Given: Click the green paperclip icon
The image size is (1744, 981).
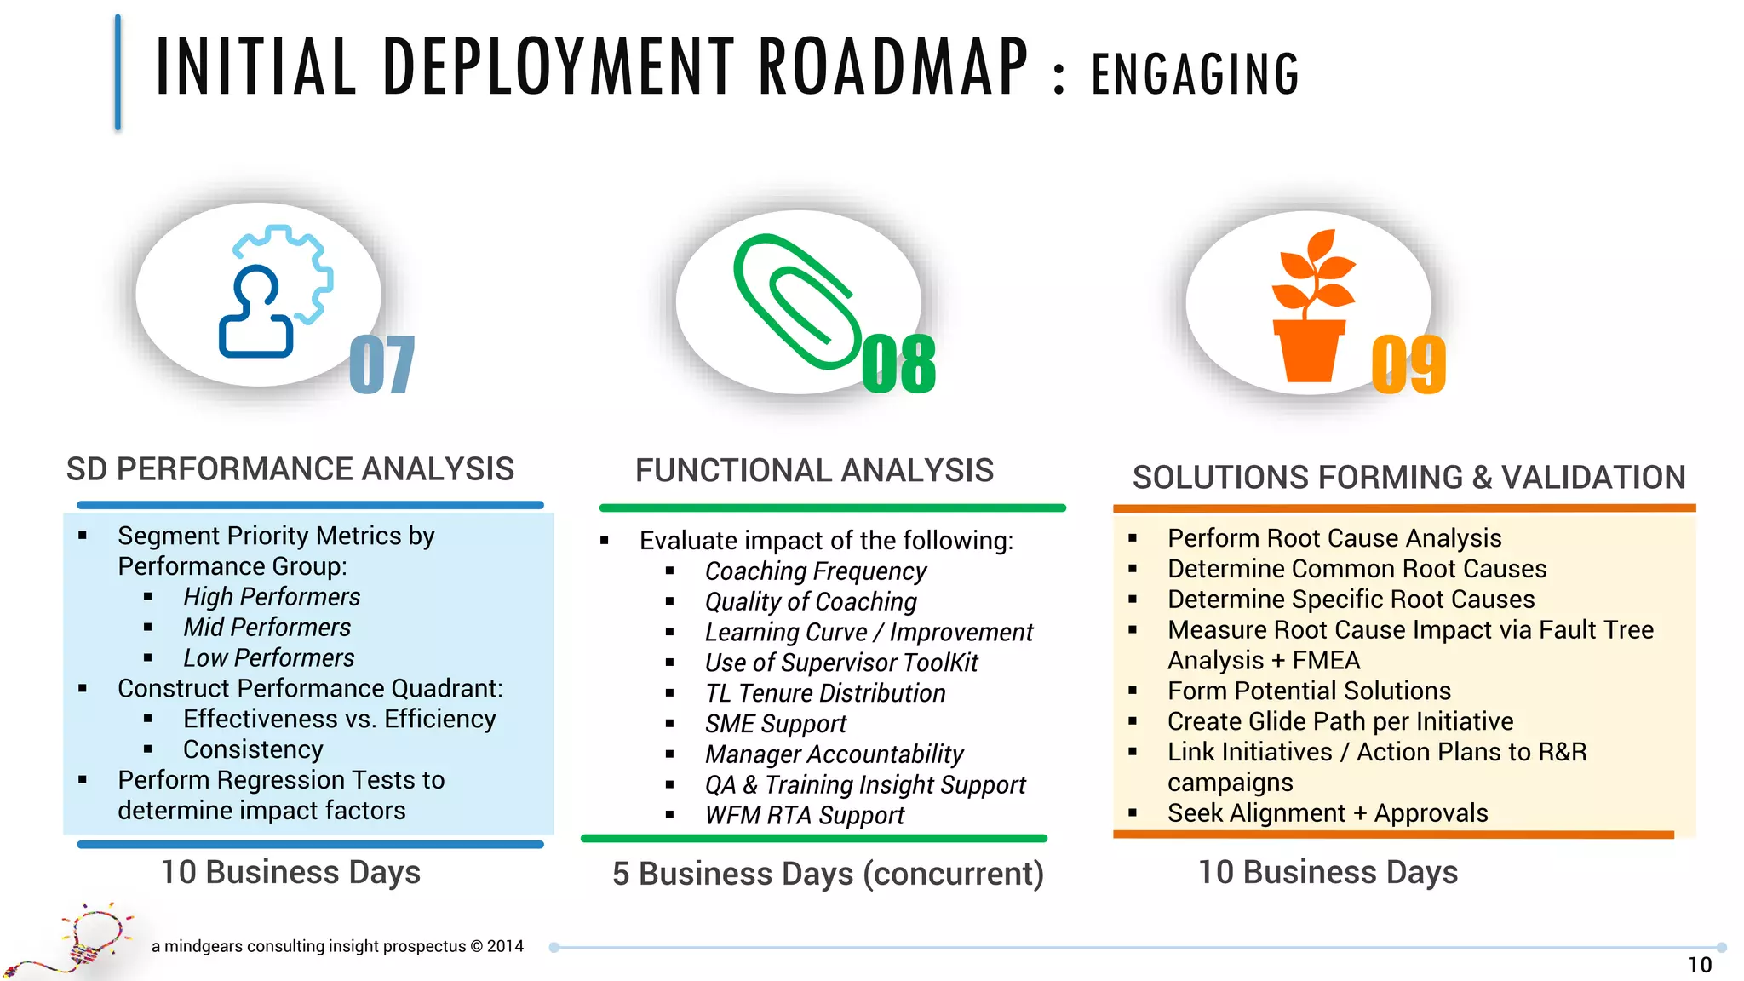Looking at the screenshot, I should click(795, 301).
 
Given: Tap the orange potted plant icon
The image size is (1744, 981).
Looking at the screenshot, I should click(1311, 307).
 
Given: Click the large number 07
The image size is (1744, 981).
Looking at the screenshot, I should click(382, 364).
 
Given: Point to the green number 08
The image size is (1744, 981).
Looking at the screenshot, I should click(898, 364).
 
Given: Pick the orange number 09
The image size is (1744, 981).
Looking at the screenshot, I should click(1408, 364).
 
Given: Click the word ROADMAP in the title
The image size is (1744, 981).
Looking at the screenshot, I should click(893, 67).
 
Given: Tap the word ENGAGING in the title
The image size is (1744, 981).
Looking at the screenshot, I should click(1195, 75).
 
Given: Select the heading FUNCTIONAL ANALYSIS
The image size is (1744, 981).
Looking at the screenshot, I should click(814, 471).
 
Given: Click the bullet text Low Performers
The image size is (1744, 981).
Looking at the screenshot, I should click(268, 658).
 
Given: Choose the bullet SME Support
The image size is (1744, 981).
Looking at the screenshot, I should click(775, 724).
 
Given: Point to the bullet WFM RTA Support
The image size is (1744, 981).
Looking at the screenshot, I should click(804, 816).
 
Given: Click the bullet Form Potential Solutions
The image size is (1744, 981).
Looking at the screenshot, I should click(1309, 691).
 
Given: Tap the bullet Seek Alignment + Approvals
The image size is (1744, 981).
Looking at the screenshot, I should click(1328, 813).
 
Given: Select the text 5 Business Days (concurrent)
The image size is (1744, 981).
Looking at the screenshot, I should click(828, 874).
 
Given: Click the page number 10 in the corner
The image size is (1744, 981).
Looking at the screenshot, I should click(1699, 965).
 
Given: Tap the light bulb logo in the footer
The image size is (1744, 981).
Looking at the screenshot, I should click(85, 941).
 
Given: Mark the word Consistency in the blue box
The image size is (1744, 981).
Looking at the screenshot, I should click(253, 749).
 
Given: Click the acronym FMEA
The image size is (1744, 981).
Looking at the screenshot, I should click(1326, 661).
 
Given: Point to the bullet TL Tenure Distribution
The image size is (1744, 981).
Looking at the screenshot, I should click(824, 693).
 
